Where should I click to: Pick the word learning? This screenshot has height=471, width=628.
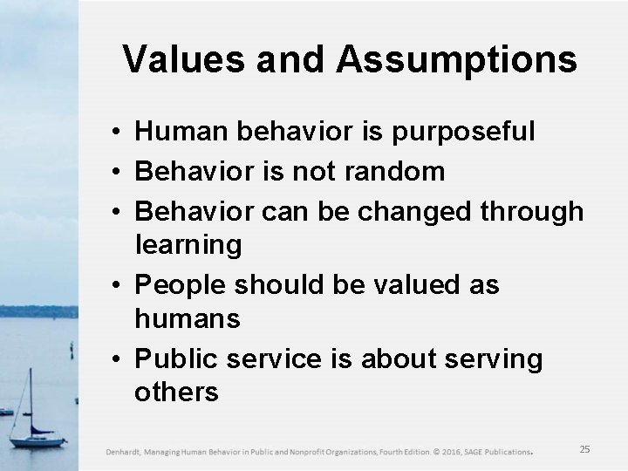[188, 246]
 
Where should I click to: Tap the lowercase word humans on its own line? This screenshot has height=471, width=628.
[187, 320]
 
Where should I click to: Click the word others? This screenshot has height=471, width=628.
[176, 393]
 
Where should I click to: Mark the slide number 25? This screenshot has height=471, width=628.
[584, 448]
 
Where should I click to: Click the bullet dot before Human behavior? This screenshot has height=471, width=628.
[115, 133]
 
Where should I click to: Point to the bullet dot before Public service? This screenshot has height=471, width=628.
[115, 359]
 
